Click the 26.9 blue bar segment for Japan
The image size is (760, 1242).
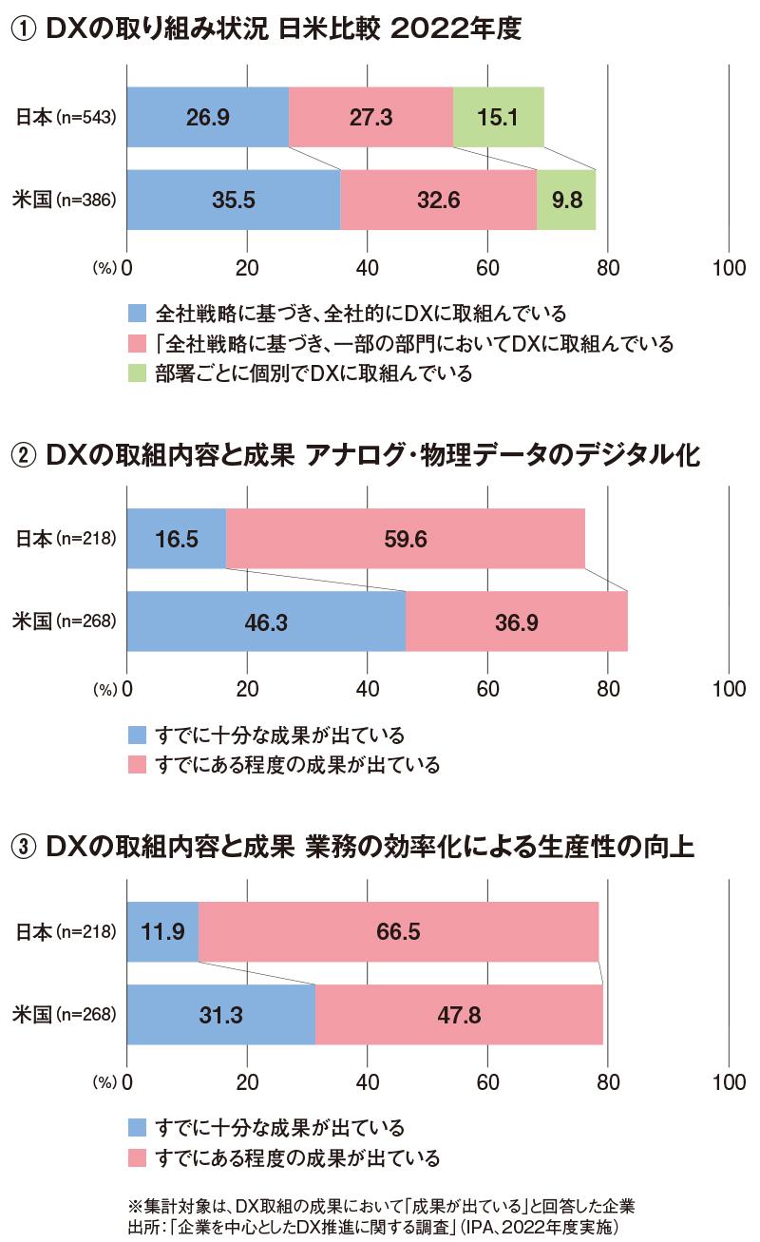click(207, 117)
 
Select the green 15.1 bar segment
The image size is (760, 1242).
click(498, 117)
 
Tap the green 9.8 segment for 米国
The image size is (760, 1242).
click(566, 201)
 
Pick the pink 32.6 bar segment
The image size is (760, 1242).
click(438, 201)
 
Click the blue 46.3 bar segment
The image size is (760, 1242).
click(266, 621)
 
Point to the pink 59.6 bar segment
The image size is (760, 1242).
click(406, 539)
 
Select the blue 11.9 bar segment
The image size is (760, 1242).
click(162, 932)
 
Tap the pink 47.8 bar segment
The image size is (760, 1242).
click(459, 1015)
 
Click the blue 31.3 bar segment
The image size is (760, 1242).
click(220, 1015)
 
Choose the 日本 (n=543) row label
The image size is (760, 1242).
click(66, 118)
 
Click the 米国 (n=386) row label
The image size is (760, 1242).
click(66, 201)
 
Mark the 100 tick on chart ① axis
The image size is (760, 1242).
click(728, 267)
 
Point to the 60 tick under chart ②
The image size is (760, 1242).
click(487, 688)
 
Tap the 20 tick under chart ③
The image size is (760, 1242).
click(247, 1081)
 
